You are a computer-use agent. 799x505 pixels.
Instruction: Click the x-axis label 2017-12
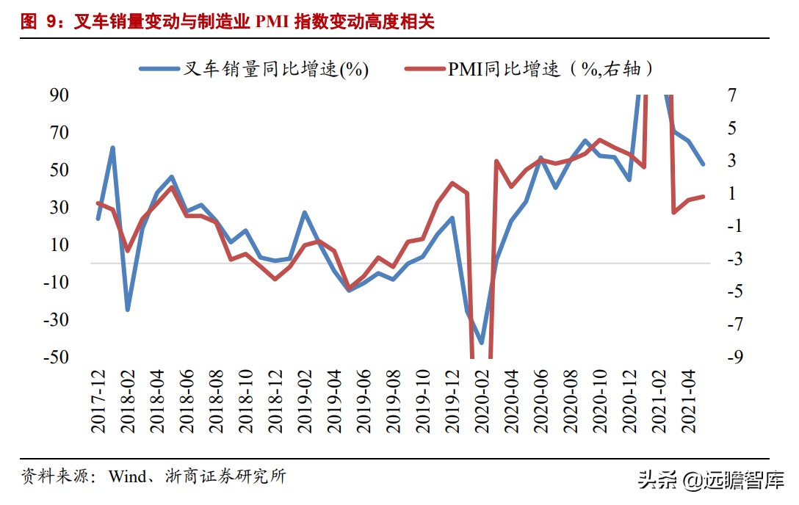click(98, 401)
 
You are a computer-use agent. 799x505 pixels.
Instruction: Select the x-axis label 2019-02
click(304, 401)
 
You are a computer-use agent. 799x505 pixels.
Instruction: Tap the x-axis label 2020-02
click(482, 401)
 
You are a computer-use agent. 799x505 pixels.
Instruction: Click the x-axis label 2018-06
click(187, 401)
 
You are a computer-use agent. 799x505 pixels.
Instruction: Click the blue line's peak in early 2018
click(112, 148)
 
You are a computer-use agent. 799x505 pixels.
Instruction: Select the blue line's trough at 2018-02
click(127, 310)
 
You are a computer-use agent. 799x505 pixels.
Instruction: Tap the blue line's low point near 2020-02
click(482, 343)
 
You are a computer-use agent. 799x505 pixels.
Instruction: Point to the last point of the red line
click(704, 196)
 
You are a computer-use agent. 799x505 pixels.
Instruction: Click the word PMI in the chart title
click(272, 22)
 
